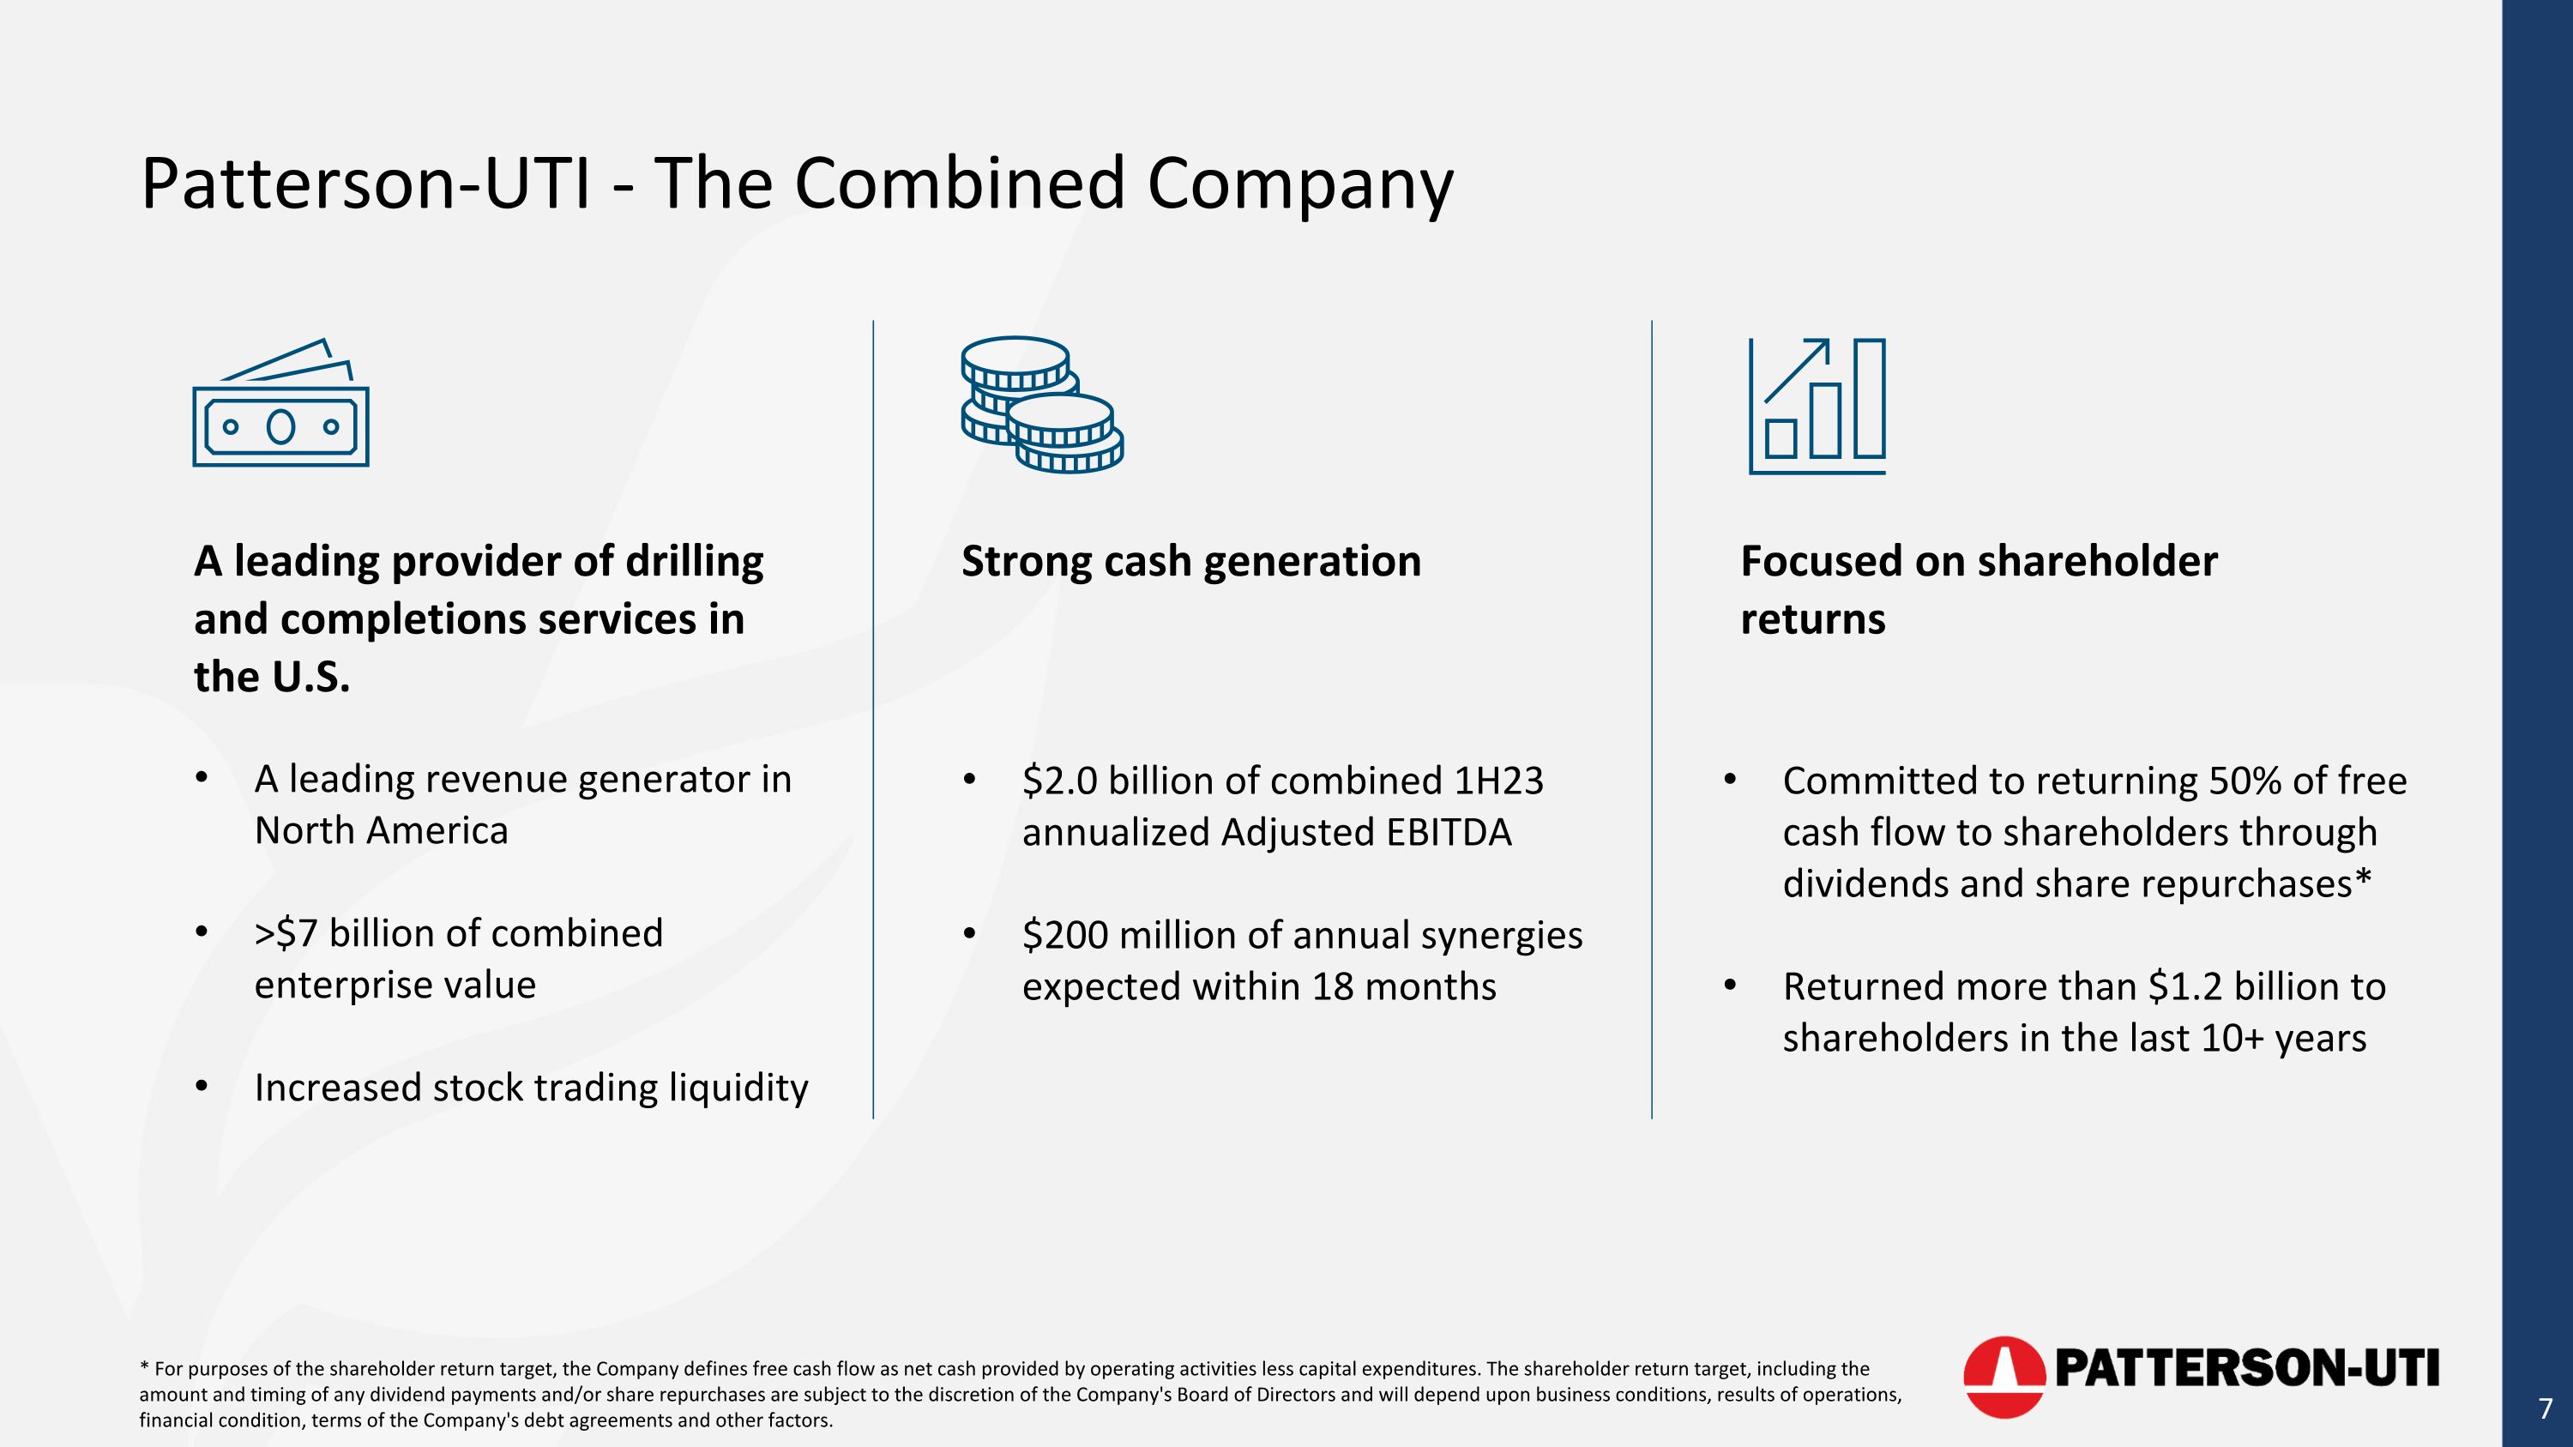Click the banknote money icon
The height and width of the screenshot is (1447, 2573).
point(280,405)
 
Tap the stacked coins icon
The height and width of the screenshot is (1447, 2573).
point(1042,405)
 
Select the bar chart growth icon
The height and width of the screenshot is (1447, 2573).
point(1817,407)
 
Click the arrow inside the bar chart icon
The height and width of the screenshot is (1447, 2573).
point(1798,370)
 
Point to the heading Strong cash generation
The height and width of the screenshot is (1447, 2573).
point(1190,561)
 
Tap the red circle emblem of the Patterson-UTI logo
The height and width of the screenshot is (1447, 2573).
point(2004,1376)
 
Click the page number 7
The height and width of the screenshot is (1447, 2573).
point(2545,1409)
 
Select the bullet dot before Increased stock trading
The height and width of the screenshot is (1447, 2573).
point(202,1086)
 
